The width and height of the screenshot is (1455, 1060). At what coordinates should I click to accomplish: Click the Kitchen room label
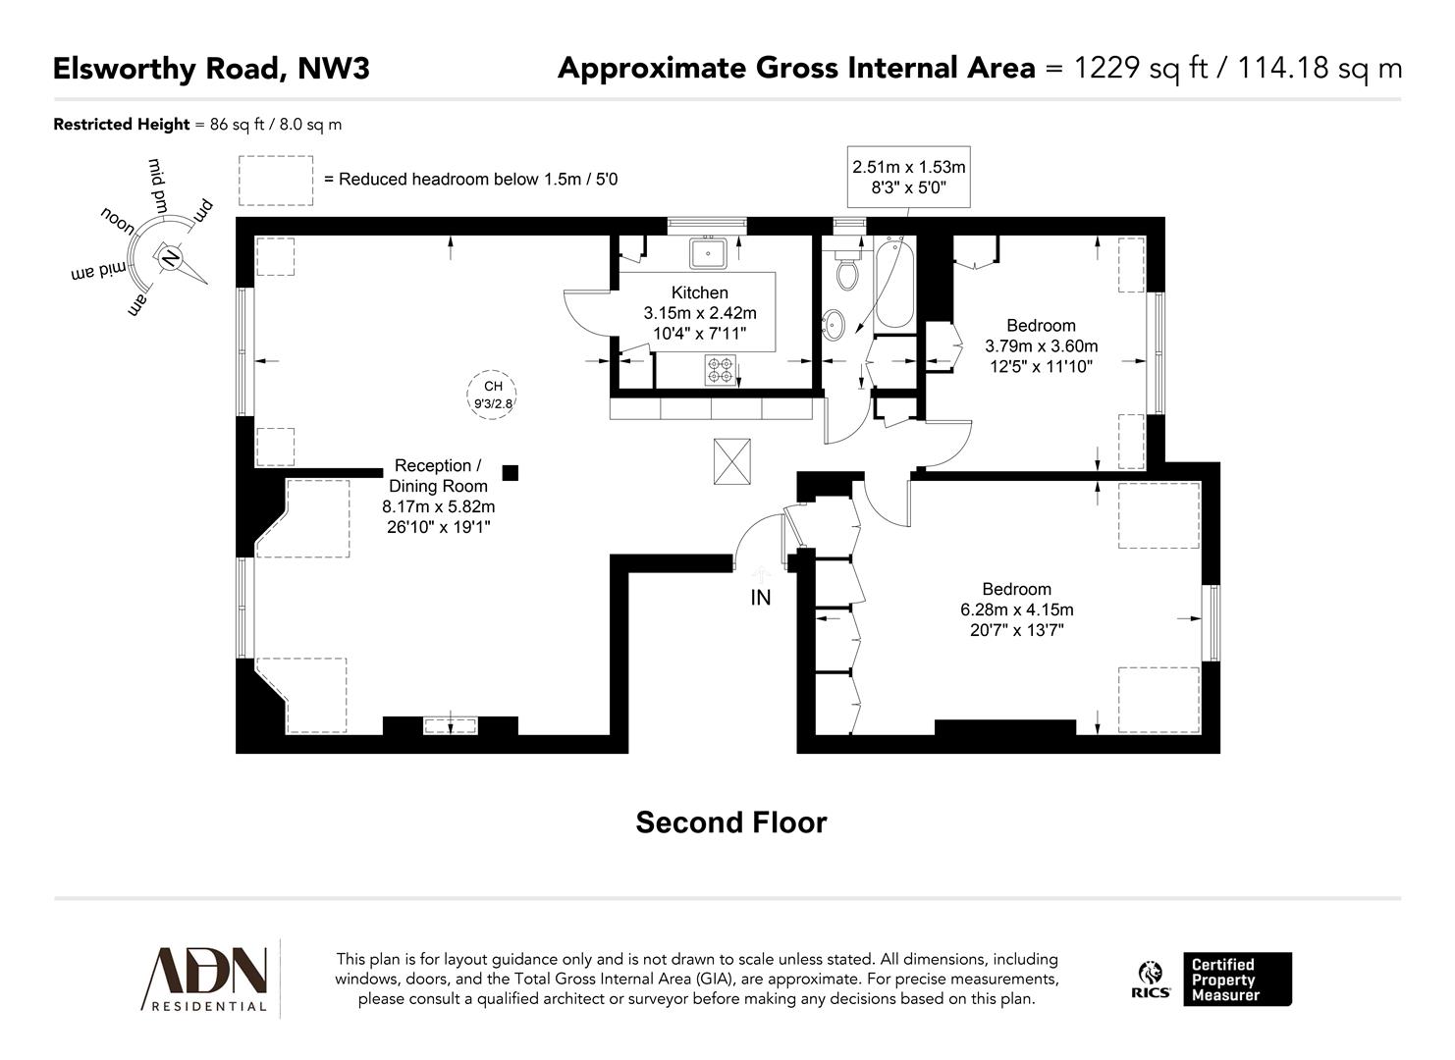[x=699, y=292]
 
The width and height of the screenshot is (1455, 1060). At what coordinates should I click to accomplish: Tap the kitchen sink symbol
[x=708, y=253]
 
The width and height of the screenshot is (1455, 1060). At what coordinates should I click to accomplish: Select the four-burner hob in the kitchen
[x=720, y=369]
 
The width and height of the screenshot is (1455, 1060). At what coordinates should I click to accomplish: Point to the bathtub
[x=893, y=285]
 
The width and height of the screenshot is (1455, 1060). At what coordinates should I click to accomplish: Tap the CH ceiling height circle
[x=493, y=395]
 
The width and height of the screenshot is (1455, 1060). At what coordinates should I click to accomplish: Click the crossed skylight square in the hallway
[x=730, y=461]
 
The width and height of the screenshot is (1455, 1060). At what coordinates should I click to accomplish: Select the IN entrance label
[x=761, y=597]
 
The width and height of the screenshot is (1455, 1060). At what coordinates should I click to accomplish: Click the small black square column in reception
[x=510, y=473]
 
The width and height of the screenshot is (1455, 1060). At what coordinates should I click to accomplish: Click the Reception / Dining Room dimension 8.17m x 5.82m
[x=438, y=507]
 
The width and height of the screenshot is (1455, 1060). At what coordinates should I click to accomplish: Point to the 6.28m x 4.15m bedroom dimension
[x=1016, y=609]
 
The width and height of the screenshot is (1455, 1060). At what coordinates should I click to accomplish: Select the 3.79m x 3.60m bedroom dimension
[x=1041, y=346]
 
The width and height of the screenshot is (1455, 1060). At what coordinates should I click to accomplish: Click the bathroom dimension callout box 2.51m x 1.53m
[x=908, y=178]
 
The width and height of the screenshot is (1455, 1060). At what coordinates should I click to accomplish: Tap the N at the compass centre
[x=170, y=258]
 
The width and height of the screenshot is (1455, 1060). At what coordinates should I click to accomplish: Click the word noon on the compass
[x=122, y=218]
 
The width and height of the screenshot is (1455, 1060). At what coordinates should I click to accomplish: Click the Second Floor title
[x=730, y=822]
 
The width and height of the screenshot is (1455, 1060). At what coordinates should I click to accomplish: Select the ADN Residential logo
[x=207, y=978]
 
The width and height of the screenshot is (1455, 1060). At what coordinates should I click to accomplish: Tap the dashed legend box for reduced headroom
[x=276, y=180]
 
